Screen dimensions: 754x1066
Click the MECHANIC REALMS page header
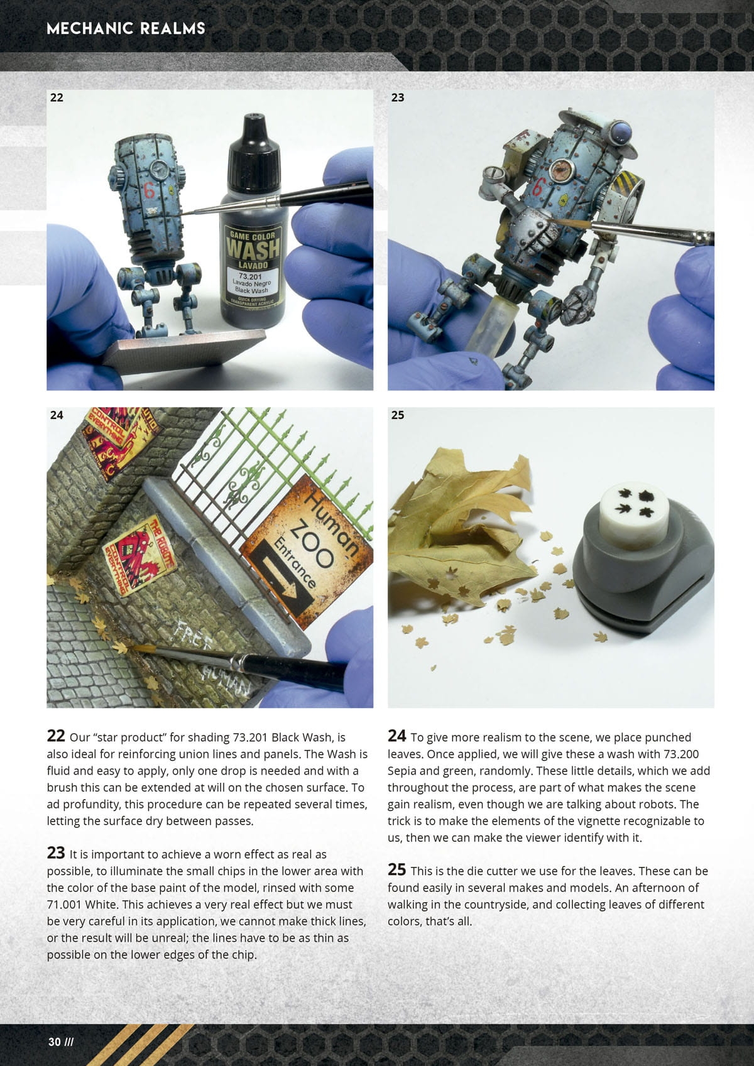[126, 28]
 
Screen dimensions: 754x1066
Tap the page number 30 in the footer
[54, 1042]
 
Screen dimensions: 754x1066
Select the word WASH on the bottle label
[253, 249]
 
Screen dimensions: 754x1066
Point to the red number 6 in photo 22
[149, 191]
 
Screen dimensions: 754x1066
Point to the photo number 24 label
[56, 415]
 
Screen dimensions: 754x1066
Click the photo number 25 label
[398, 415]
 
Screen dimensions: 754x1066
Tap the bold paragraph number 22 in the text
[56, 736]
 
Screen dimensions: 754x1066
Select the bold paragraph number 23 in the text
[56, 852]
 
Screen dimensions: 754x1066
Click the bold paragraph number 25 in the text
[396, 869]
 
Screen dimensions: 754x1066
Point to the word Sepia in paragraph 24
[403, 771]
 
